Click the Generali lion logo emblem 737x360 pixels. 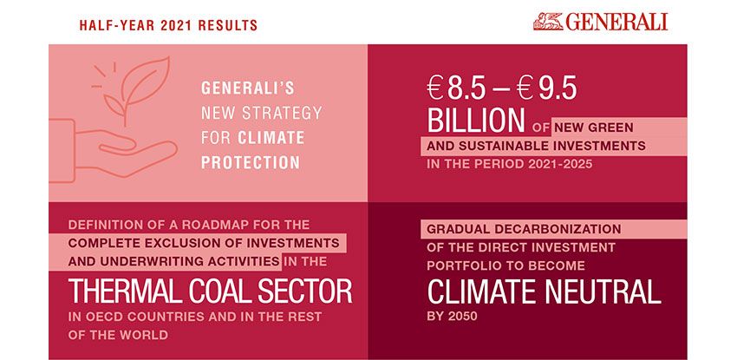(548, 21)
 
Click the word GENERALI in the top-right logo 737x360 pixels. (616, 22)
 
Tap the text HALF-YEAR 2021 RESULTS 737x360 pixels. (168, 25)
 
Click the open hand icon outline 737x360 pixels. (113, 150)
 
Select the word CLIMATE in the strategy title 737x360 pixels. (271, 138)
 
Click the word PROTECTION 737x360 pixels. (251, 162)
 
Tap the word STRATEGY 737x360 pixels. (282, 113)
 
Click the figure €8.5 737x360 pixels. (456, 88)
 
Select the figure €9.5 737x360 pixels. (546, 88)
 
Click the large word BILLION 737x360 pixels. (476, 121)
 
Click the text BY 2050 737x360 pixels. (452, 317)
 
